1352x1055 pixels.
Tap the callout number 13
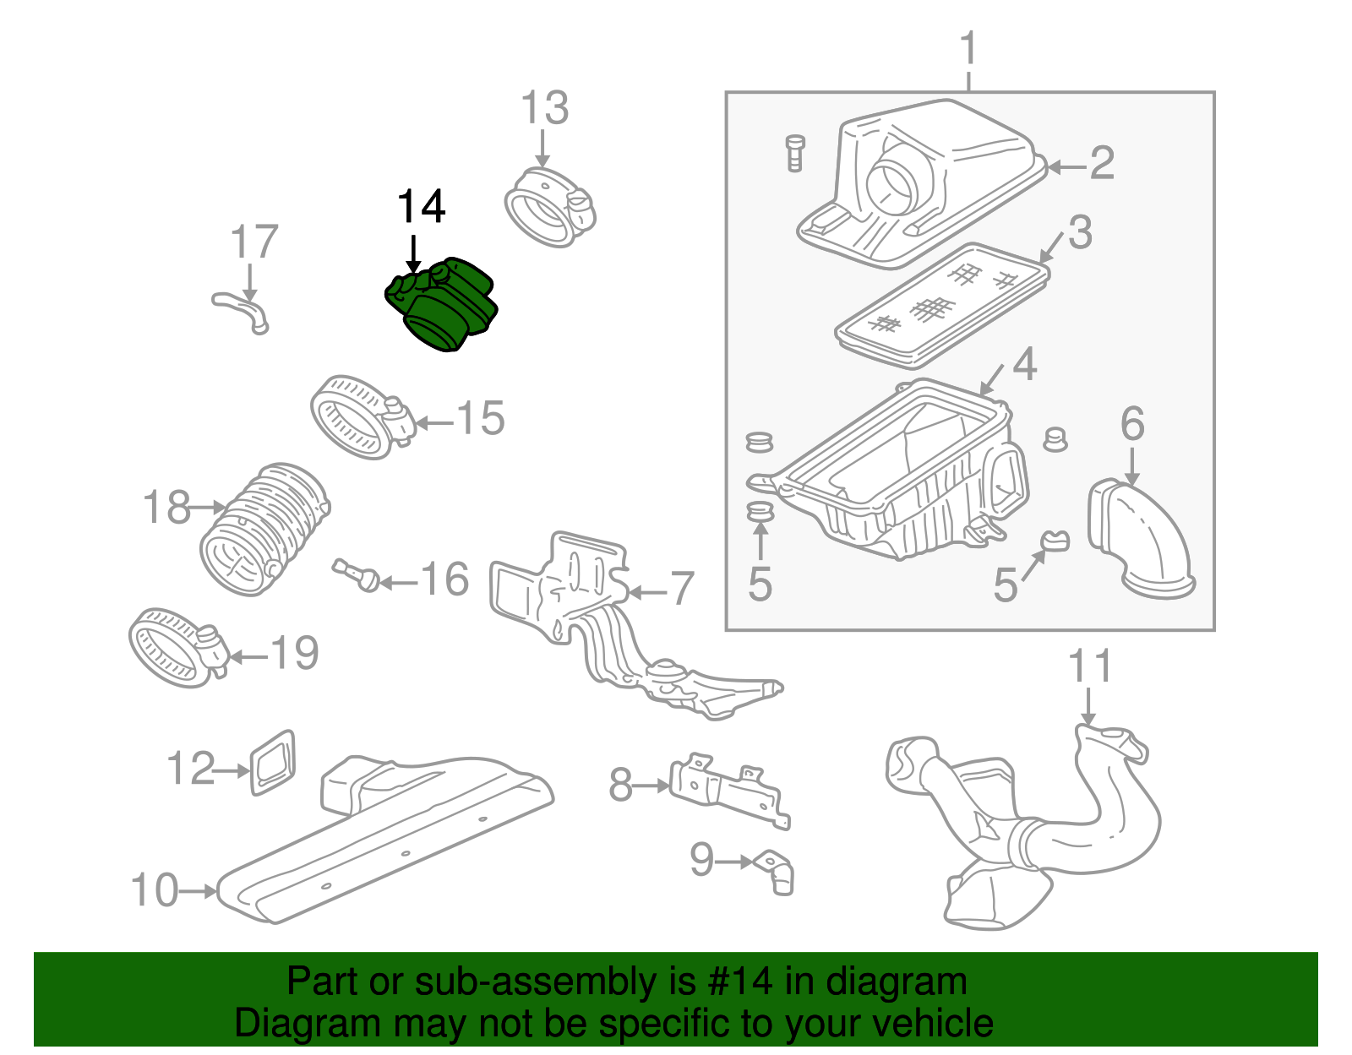(544, 109)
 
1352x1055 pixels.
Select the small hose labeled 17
(242, 310)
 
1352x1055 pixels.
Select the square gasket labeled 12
(273, 763)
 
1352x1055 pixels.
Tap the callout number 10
(155, 890)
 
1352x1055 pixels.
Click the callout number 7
(682, 589)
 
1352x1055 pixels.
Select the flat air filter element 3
(942, 307)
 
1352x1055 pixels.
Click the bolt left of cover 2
(794, 153)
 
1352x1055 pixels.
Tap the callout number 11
(1089, 666)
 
